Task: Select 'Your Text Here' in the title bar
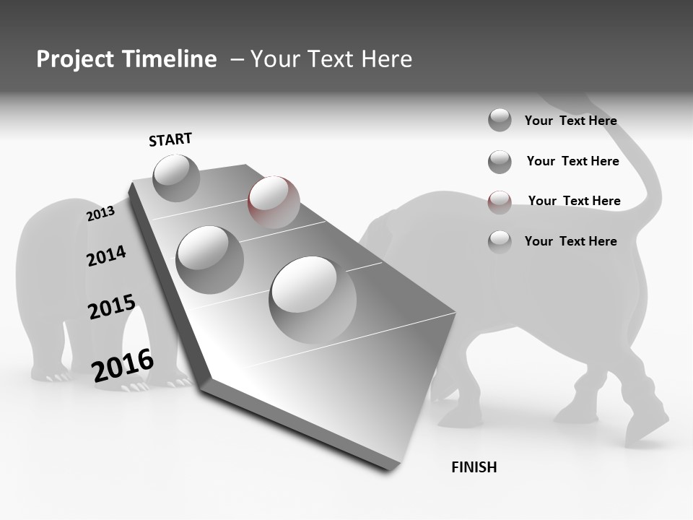[331, 59]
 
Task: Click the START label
[170, 139]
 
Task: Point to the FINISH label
[474, 467]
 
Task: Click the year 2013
[100, 214]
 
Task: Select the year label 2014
[106, 256]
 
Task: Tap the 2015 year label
[112, 306]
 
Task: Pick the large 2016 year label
[123, 365]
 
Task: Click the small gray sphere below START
[176, 178]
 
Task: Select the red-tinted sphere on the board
[274, 201]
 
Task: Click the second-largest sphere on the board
[210, 259]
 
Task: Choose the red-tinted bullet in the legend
[500, 201]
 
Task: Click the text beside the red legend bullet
[574, 201]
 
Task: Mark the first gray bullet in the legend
[500, 120]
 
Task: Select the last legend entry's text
[570, 241]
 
